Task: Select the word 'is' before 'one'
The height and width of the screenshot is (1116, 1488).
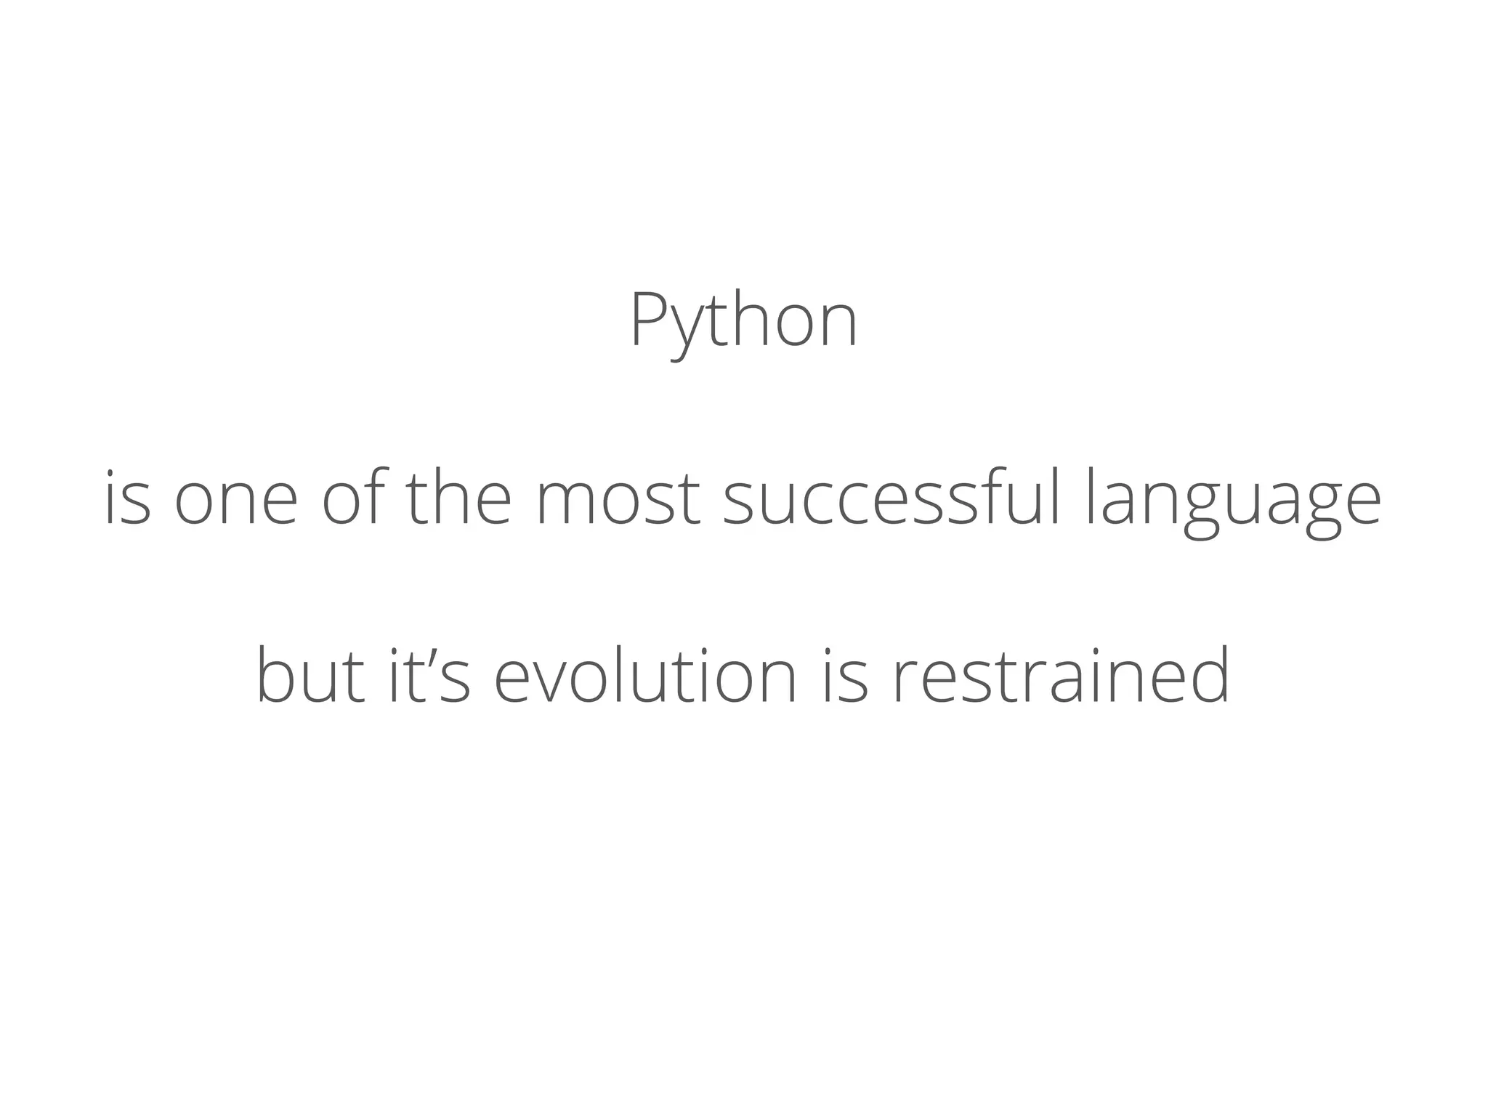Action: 128,499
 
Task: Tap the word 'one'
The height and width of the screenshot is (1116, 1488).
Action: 236,501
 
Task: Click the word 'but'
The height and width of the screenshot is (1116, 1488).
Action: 310,676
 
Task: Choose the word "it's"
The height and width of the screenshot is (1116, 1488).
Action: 430,676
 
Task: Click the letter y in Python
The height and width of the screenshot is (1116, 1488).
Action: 685,331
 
